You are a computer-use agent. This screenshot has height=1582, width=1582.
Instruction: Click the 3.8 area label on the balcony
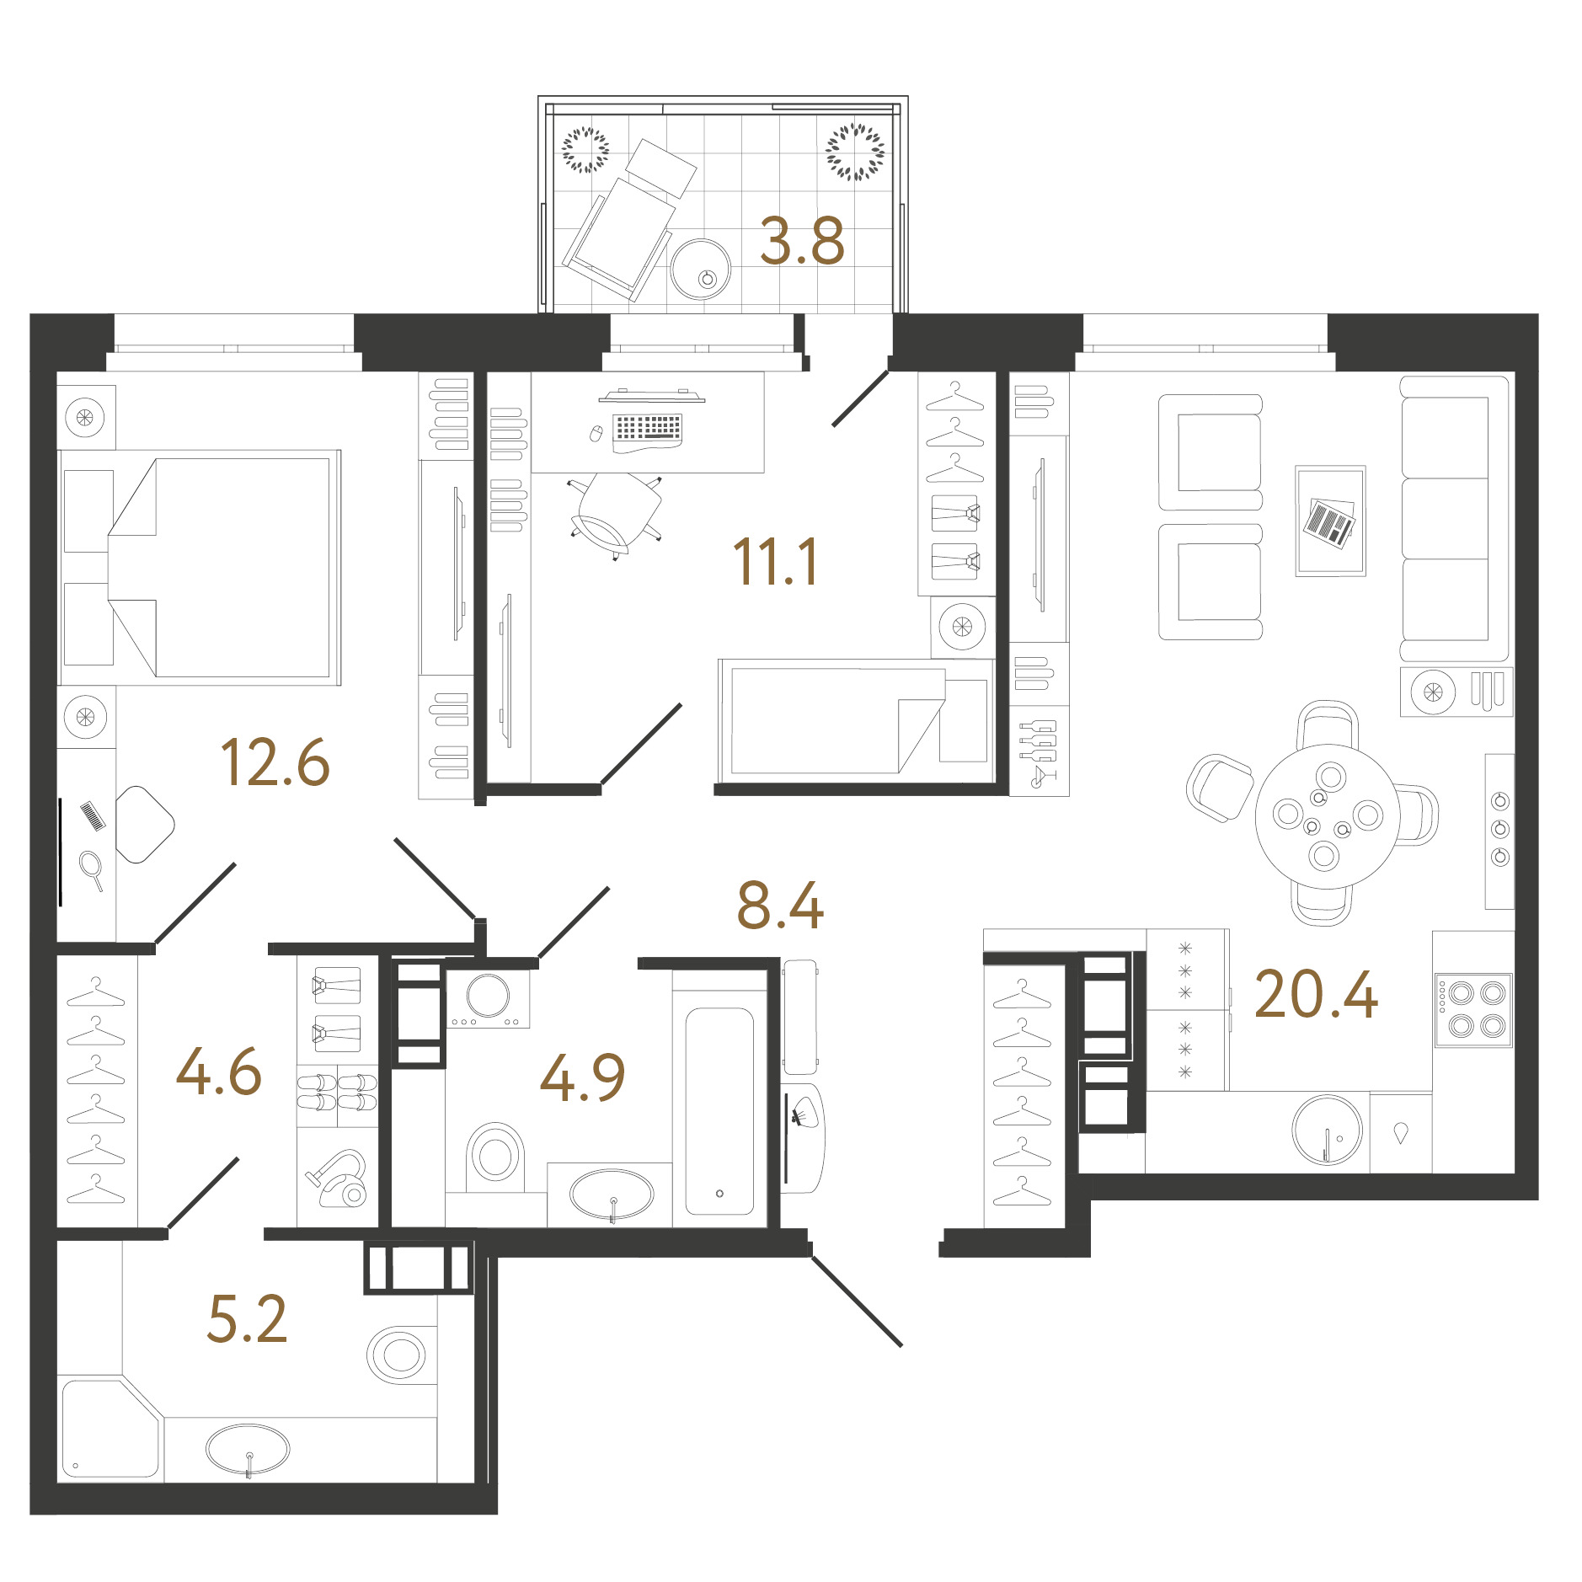(801, 241)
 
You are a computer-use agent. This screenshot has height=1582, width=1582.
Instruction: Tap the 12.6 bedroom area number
(275, 762)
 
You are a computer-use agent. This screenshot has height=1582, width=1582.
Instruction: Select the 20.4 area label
(1316, 994)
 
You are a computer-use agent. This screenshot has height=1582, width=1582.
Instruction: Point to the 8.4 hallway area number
(780, 906)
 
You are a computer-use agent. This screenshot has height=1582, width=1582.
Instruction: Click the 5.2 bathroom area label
(247, 1318)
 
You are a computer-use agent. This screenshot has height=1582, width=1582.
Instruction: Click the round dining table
(1328, 816)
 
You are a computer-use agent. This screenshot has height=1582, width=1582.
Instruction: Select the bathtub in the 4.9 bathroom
(719, 1110)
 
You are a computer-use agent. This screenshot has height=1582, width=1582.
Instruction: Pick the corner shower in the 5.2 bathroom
(110, 1429)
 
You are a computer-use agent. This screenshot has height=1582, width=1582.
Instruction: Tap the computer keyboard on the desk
(648, 428)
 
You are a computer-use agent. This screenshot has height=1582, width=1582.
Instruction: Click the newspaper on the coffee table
(1330, 522)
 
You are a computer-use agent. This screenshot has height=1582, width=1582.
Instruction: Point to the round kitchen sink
(1328, 1130)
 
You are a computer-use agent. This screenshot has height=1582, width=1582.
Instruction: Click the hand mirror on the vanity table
(92, 870)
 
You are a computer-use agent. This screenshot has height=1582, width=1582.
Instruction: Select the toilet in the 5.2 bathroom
(397, 1355)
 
